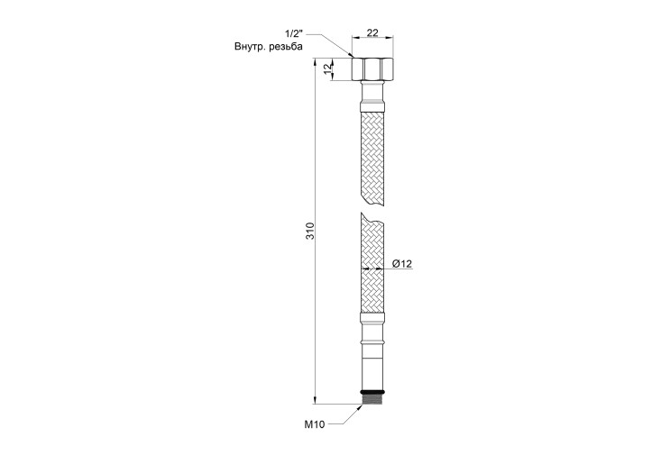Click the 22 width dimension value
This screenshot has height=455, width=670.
tap(372, 32)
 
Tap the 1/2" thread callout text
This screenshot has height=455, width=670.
tap(294, 33)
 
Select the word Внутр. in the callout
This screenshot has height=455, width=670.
tap(249, 47)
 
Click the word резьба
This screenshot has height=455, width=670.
tap(286, 47)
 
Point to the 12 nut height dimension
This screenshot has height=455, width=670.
tap(327, 68)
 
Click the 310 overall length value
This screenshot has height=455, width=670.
tap(310, 231)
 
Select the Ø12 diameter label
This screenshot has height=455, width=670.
tap(401, 264)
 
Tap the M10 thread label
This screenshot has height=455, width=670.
tap(314, 424)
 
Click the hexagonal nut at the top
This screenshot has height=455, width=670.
tap(372, 69)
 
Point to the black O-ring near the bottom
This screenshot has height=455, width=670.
tap(372, 392)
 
